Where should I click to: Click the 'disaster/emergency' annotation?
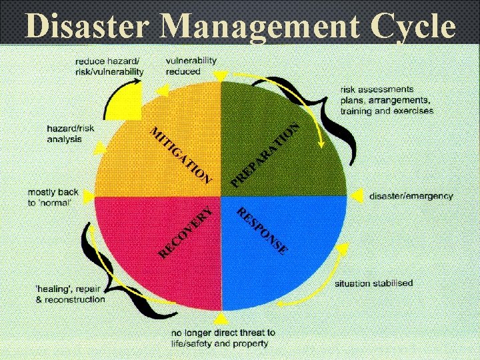coord(411,196)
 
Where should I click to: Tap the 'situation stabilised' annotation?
coord(373,283)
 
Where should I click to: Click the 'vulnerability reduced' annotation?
coord(191,65)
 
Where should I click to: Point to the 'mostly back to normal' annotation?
coord(53,197)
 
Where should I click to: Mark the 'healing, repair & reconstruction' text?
coord(71,294)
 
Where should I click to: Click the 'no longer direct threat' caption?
coord(223,338)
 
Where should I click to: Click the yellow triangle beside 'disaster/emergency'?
coord(357,195)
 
